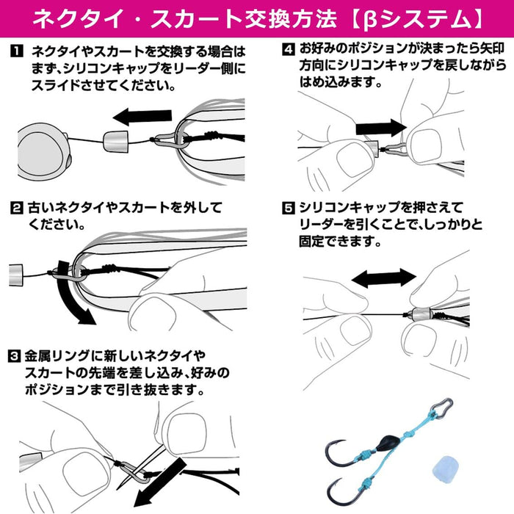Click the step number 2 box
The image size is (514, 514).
[x=15, y=208]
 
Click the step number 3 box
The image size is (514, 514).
[x=15, y=358]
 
